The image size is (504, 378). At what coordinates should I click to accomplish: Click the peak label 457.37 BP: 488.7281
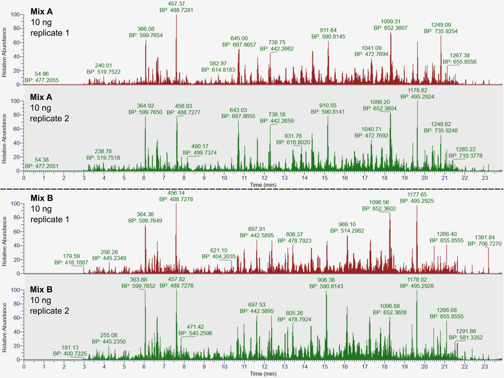[176, 7]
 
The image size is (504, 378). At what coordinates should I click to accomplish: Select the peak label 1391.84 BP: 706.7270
[485, 241]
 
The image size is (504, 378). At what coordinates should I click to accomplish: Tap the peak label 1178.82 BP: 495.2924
[417, 94]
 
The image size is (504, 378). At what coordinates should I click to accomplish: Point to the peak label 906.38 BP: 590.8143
[326, 283]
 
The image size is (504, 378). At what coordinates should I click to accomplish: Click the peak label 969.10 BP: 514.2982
[347, 228]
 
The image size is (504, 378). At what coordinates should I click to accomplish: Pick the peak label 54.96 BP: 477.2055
[42, 77]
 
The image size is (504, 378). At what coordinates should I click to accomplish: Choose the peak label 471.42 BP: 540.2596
[195, 330]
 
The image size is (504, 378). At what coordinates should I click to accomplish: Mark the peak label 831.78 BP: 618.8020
[293, 139]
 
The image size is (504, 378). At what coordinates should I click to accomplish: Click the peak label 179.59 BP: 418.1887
[71, 259]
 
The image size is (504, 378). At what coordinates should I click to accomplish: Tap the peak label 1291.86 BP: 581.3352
[466, 334]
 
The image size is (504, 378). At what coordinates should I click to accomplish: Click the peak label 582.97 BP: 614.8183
[218, 67]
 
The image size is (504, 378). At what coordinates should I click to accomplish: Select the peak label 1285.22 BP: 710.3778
[465, 152]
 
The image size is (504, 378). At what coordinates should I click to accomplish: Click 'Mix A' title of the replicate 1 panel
[41, 12]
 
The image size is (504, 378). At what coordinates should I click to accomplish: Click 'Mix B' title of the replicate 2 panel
[41, 289]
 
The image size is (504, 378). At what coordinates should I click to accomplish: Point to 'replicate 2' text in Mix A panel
[49, 119]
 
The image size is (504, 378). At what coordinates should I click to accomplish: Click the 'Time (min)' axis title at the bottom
[263, 374]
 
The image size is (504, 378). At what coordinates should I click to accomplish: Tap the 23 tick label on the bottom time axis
[485, 367]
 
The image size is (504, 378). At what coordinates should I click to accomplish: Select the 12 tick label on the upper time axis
[264, 178]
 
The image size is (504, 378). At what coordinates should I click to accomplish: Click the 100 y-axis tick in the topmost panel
[15, 14]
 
